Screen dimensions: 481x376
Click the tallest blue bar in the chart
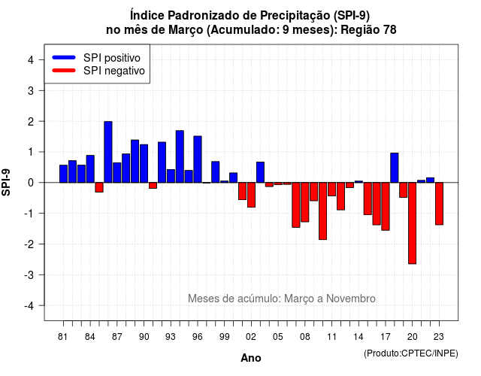coord(108,152)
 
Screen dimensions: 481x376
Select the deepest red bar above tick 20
coord(413,223)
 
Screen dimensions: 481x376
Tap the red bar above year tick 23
coord(439,204)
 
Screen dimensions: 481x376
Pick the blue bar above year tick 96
coord(198,159)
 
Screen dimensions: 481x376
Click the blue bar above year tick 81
coord(63,174)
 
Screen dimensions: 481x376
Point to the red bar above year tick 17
coord(386,207)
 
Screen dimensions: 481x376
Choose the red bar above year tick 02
coord(251,195)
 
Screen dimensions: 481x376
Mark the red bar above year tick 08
coord(305,202)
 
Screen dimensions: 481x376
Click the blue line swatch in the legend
coord(64,57)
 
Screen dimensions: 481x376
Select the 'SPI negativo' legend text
coord(114,71)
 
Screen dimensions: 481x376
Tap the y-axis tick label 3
coord(31,90)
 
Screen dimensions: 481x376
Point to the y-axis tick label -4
coord(29,306)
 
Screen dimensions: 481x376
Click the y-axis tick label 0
coord(31,183)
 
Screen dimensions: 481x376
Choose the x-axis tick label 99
coord(224,337)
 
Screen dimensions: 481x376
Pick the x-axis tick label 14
coord(358,337)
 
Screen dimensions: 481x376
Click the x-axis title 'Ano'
coord(251,358)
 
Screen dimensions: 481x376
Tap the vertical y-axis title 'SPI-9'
coord(6,182)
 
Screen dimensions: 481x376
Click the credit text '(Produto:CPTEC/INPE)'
coord(411,353)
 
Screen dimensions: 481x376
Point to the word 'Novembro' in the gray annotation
coord(351,299)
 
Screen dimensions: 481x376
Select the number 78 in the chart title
coord(389,30)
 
